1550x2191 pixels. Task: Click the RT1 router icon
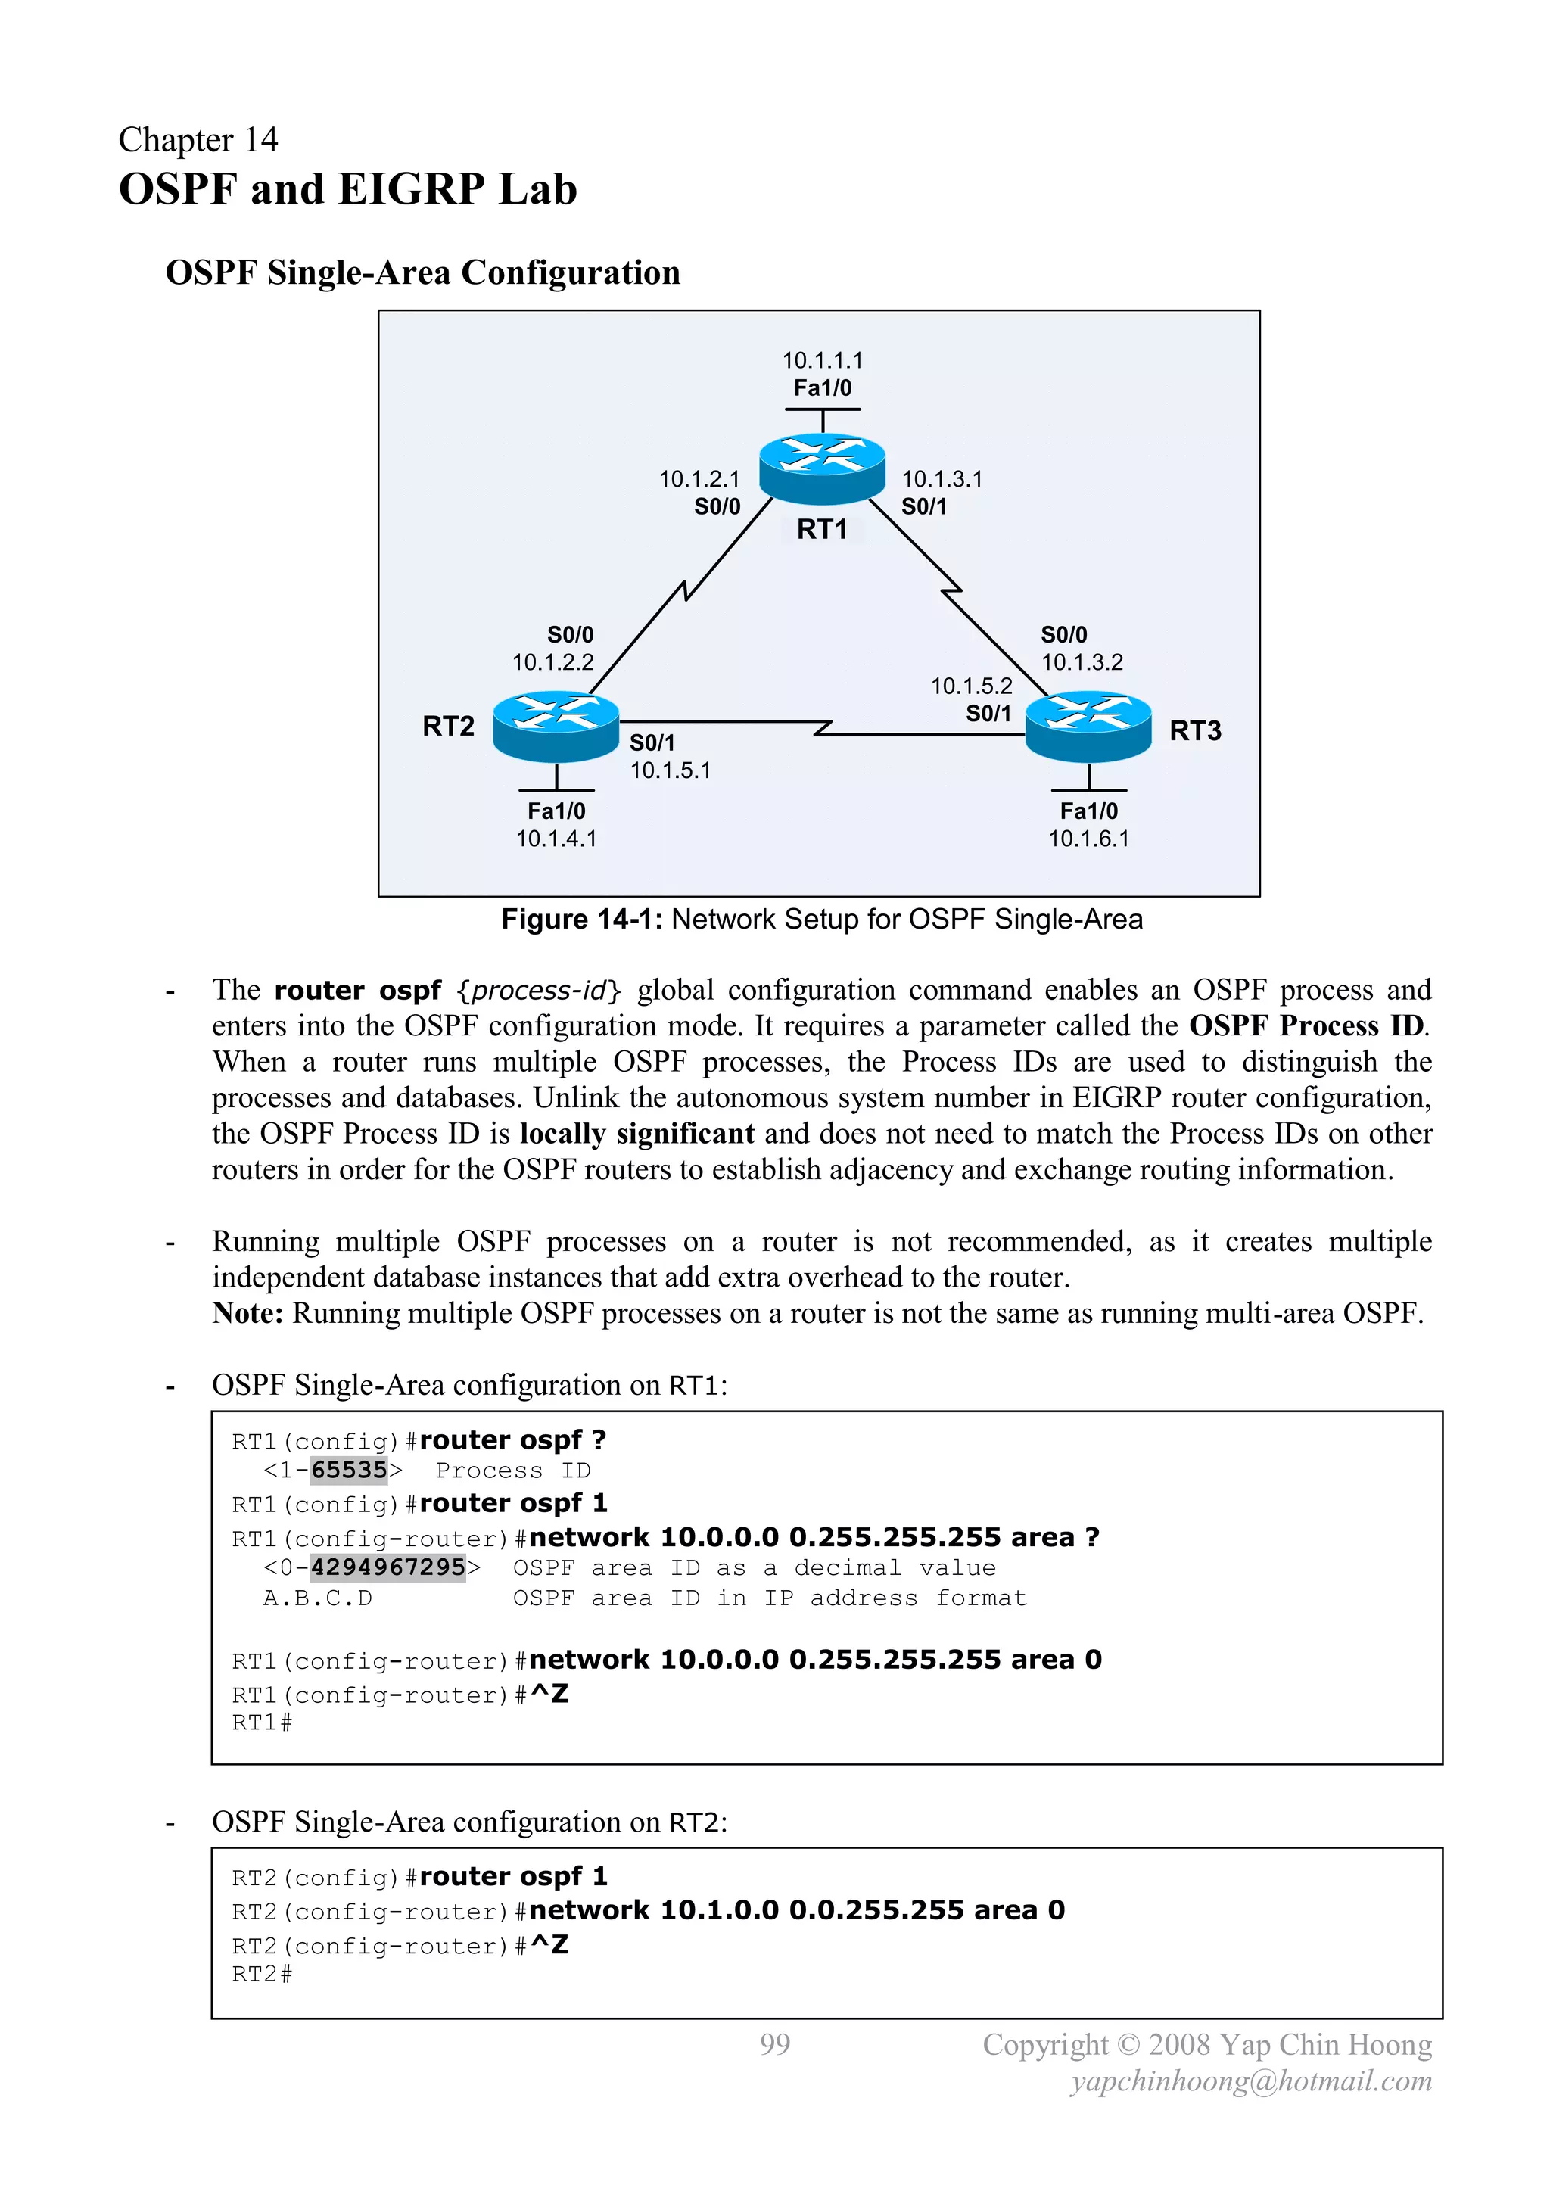822,468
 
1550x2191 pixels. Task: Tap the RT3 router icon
1088,727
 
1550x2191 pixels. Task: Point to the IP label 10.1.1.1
822,359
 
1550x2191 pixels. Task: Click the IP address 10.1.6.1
1088,838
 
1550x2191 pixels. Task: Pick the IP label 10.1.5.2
971,685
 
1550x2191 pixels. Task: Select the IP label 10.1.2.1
699,478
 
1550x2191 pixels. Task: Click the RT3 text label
1195,730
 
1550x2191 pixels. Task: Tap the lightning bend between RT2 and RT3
823,728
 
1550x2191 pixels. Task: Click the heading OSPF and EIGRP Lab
347,189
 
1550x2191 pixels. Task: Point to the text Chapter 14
198,139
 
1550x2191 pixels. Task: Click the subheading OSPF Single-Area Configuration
423,272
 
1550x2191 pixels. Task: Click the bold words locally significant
636,1133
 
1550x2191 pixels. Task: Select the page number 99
775,2043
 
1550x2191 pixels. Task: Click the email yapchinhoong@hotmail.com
1251,2081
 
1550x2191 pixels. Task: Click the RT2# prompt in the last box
262,1974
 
